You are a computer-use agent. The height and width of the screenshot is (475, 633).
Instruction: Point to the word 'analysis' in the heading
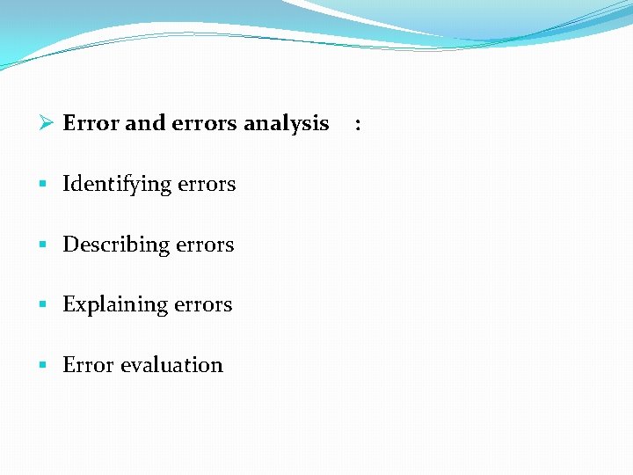286,124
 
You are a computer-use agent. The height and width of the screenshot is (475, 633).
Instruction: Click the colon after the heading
357,125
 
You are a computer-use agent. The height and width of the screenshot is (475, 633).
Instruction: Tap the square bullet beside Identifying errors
42,185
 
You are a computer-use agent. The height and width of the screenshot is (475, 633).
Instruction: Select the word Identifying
117,185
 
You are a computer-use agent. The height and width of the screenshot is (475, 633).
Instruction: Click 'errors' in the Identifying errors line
207,185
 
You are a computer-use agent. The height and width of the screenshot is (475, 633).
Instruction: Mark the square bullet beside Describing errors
42,245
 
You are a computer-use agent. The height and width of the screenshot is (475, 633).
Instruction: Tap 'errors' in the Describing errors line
205,245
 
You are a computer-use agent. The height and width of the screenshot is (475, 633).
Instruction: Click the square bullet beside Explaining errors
42,304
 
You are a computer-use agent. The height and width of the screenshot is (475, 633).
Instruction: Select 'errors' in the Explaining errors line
203,304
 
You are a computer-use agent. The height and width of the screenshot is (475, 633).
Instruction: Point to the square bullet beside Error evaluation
42,364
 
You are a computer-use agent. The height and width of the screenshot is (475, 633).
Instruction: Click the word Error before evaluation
86,365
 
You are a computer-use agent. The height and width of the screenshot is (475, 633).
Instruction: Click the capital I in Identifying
67,184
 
